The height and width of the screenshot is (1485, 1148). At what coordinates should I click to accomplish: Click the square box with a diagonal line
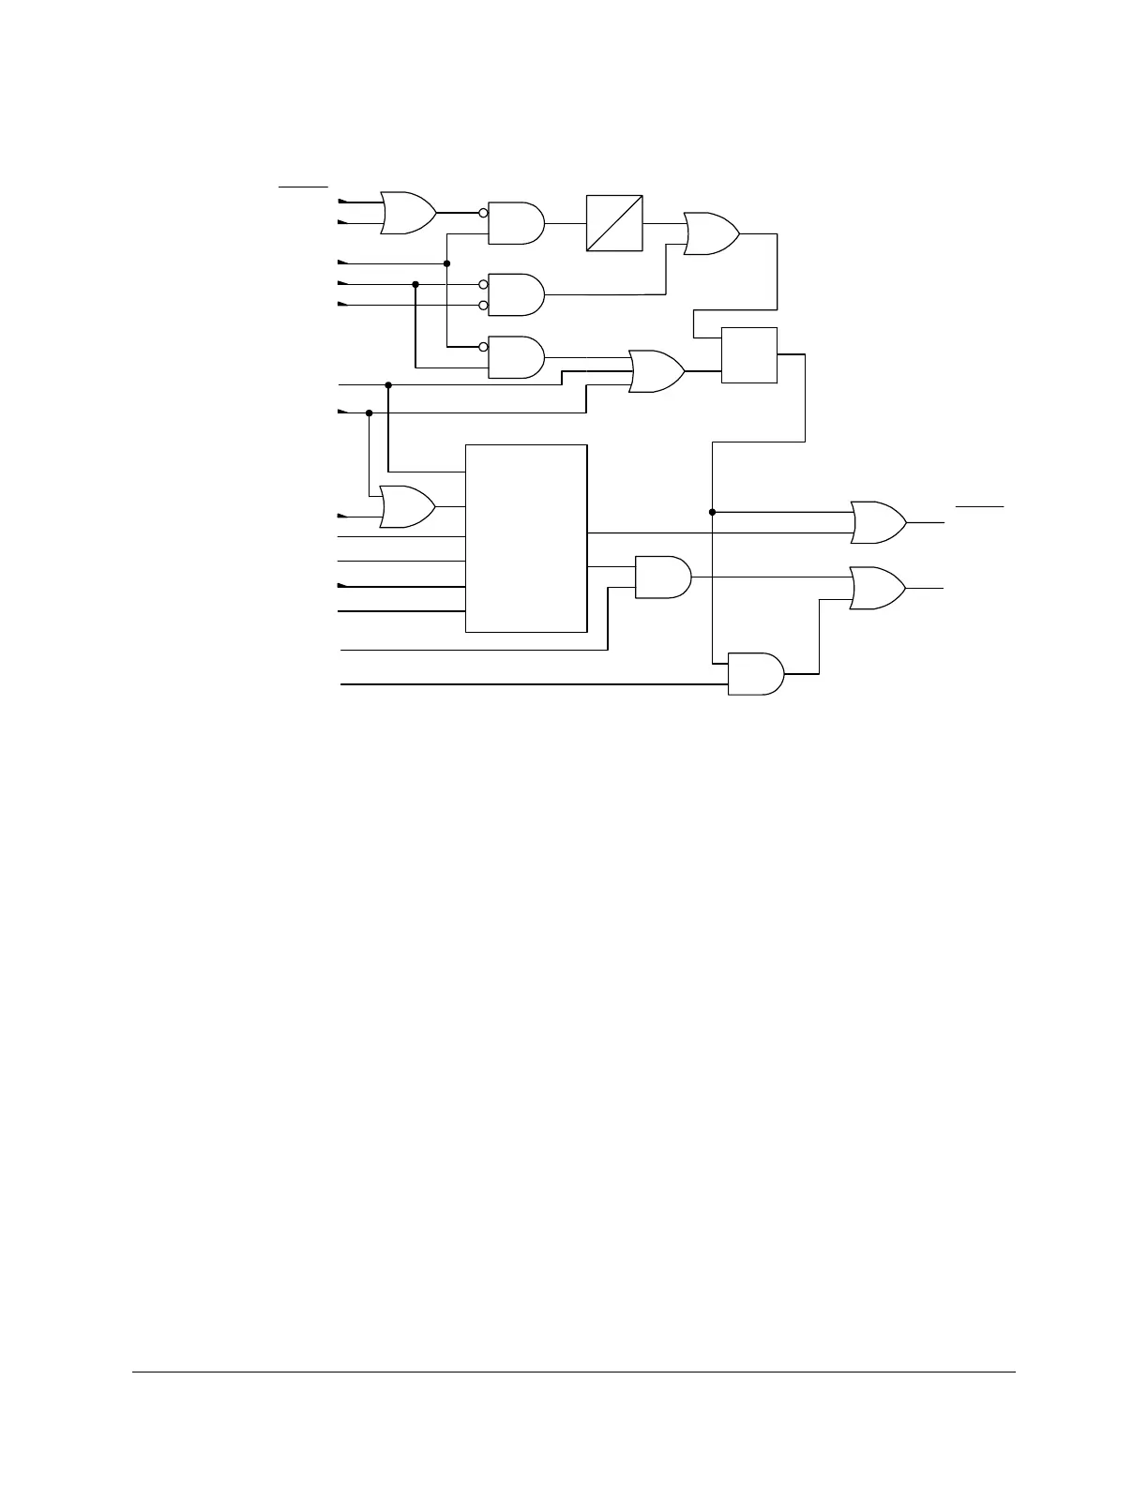click(x=614, y=223)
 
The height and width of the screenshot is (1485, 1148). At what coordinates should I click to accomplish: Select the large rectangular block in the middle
click(x=526, y=538)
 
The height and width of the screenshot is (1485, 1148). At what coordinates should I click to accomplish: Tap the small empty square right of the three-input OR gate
click(x=749, y=355)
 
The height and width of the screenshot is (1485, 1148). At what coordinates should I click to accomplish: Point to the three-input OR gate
click(x=657, y=372)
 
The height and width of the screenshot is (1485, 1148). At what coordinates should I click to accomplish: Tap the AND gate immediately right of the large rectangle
click(x=663, y=577)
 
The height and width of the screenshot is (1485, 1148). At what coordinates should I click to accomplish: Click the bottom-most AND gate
click(x=756, y=673)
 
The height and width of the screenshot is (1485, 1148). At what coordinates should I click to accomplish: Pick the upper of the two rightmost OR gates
click(x=878, y=522)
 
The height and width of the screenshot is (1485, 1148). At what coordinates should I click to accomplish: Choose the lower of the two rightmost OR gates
click(x=877, y=588)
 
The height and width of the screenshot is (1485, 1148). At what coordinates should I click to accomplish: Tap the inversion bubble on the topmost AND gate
click(x=483, y=213)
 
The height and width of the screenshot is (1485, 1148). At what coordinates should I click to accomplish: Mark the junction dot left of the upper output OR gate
click(x=713, y=512)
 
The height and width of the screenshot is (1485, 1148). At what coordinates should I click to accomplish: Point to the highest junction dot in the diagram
click(x=447, y=264)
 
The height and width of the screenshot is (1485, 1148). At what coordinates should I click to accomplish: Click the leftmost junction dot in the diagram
click(x=369, y=412)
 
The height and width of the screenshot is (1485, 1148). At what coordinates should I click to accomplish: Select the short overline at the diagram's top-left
click(x=303, y=187)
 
